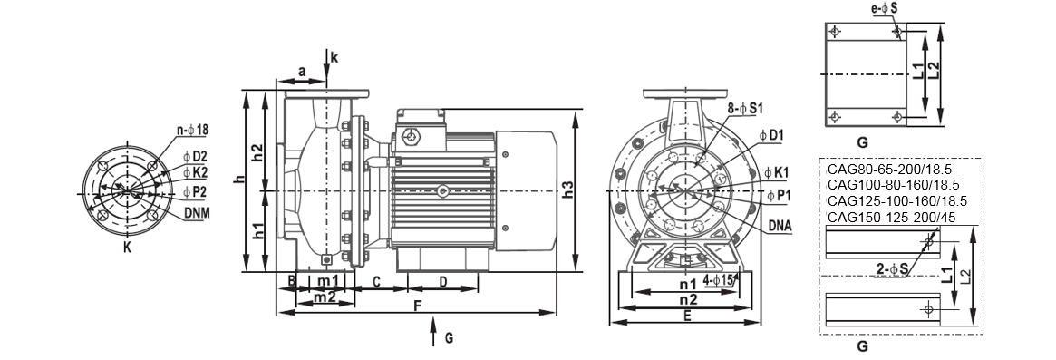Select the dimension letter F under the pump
click(x=417, y=306)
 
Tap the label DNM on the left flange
click(x=197, y=214)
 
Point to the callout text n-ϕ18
click(x=192, y=130)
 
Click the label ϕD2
click(x=195, y=157)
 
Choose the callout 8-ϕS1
click(x=745, y=108)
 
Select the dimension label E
click(x=686, y=315)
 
